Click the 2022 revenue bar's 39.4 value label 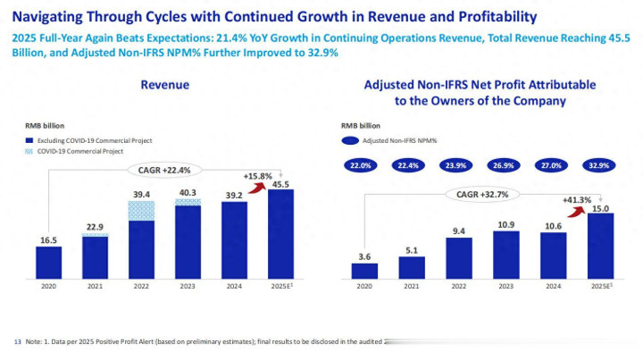(x=141, y=194)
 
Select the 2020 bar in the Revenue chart (x=49, y=262)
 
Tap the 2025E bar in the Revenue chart (x=280, y=233)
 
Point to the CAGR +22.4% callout (x=165, y=170)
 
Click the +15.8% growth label (x=257, y=175)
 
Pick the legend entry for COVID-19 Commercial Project (x=80, y=152)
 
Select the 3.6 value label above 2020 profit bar (x=364, y=256)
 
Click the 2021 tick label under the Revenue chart (x=96, y=286)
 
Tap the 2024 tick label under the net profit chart (x=554, y=286)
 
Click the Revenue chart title (x=165, y=85)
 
